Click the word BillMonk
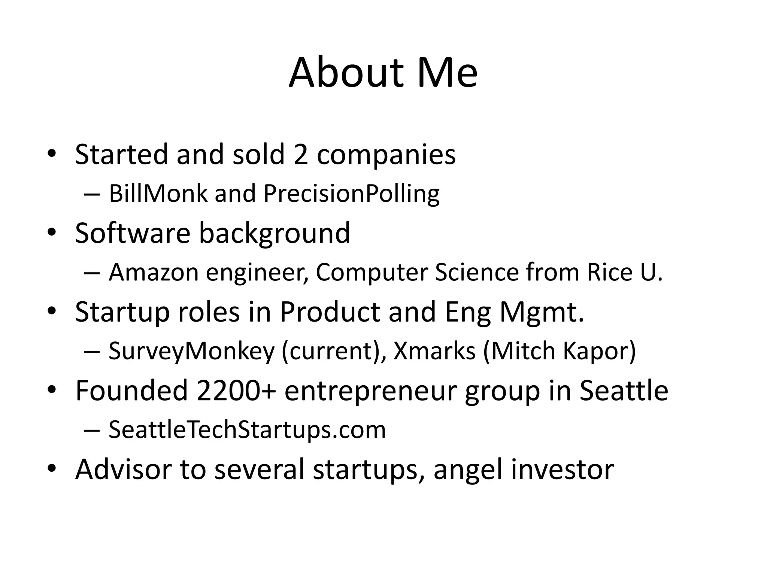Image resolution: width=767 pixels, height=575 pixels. (x=158, y=194)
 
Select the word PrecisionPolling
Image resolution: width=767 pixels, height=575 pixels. (x=351, y=194)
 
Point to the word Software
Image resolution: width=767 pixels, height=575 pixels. (x=133, y=233)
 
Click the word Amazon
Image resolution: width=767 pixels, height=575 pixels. (x=154, y=272)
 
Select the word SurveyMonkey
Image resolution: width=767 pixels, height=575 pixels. (x=191, y=351)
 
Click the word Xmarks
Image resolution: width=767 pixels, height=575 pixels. (x=434, y=351)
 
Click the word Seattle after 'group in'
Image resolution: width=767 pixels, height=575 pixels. (x=624, y=390)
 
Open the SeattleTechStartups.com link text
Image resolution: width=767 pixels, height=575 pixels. (x=247, y=430)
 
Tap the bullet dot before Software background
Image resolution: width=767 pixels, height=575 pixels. (x=52, y=232)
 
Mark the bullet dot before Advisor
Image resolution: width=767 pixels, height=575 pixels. (x=52, y=468)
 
